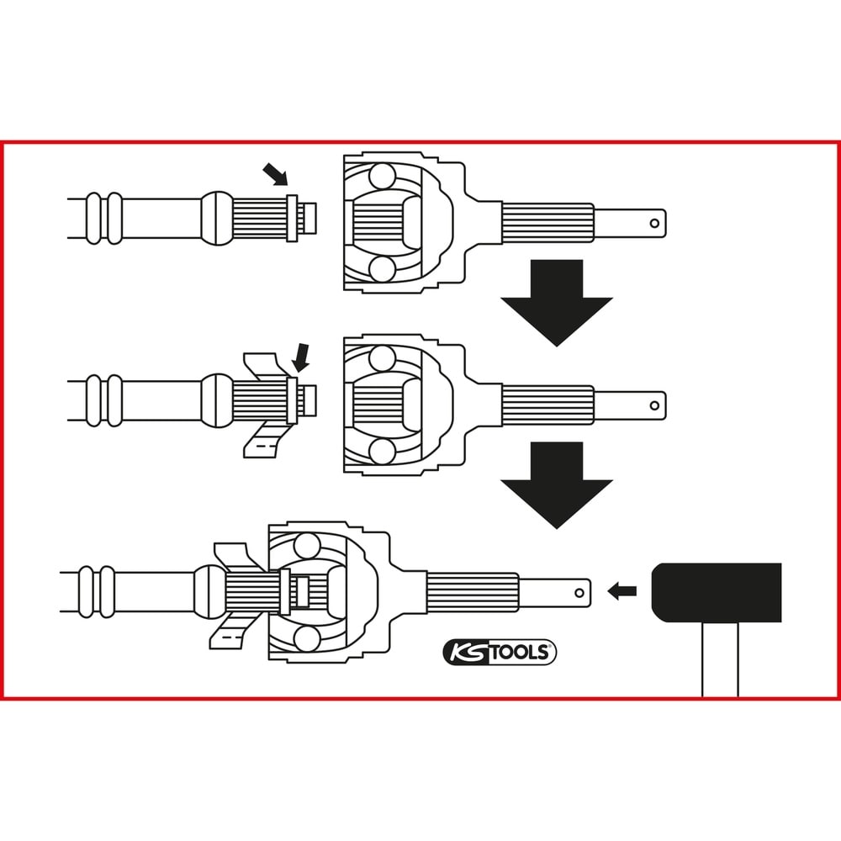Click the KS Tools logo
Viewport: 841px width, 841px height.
[x=500, y=653]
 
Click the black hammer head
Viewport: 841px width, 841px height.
[x=716, y=592]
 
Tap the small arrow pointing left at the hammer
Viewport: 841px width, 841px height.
[x=621, y=591]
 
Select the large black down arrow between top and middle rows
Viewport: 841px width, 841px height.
[x=556, y=303]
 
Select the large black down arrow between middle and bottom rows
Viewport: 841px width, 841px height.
[x=556, y=485]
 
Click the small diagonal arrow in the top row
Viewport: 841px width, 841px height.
[x=276, y=175]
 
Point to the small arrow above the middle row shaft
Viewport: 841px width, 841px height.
[x=301, y=357]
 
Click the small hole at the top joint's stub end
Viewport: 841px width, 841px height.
[x=654, y=223]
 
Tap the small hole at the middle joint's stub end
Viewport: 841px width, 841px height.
[x=654, y=405]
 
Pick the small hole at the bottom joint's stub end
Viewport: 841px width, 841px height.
[x=579, y=593]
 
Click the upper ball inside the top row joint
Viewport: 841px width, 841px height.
[x=383, y=176]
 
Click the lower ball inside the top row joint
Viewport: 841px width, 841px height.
[x=383, y=269]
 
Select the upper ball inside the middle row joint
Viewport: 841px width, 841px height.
[x=383, y=358]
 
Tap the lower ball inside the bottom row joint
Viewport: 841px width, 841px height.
[x=307, y=639]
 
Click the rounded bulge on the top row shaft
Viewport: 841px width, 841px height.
[x=217, y=218]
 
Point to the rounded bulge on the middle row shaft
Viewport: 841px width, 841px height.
[x=217, y=400]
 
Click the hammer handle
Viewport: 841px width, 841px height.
[x=720, y=659]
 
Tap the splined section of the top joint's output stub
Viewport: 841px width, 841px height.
[x=547, y=223]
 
